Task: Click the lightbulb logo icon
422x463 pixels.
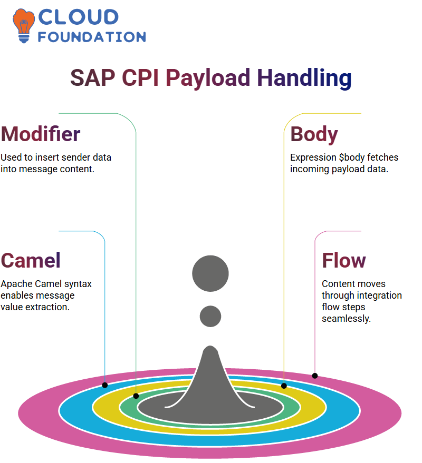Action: click(x=24, y=26)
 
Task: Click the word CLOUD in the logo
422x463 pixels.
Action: click(x=79, y=17)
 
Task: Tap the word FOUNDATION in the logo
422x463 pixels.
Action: click(x=92, y=37)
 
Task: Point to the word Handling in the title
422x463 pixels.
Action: click(x=304, y=77)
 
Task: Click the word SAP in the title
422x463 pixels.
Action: click(x=92, y=77)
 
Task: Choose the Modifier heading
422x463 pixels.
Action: click(x=41, y=134)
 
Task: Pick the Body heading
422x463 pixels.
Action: click(x=314, y=135)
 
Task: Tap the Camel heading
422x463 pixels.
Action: click(x=31, y=260)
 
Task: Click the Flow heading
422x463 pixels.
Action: click(x=344, y=260)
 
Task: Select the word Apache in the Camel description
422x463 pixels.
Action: click(x=16, y=284)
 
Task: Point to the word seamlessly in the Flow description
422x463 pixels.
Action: click(x=346, y=319)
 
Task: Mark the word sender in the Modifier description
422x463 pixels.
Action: click(x=75, y=157)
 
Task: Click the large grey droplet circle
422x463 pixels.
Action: click(x=210, y=273)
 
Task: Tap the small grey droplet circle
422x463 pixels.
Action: click(x=210, y=316)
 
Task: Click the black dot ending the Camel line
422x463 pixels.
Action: click(x=104, y=385)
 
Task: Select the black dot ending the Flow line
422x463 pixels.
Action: click(x=314, y=376)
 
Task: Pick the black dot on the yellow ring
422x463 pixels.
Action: click(x=284, y=386)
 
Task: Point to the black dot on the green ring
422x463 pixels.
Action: click(x=136, y=396)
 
